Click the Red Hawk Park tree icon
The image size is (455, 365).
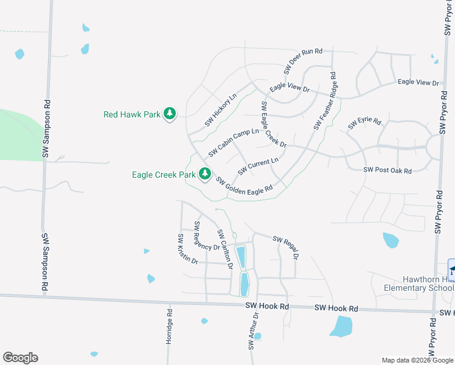(170, 114)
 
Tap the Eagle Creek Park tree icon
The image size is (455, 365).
(206, 175)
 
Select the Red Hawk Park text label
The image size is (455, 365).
(131, 114)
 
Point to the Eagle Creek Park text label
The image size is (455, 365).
(164, 175)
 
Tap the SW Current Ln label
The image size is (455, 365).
(258, 166)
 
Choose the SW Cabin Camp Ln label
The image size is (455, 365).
(234, 142)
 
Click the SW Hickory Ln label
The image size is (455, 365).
(220, 109)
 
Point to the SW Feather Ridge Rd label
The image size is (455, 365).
(325, 101)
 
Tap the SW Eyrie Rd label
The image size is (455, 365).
(364, 123)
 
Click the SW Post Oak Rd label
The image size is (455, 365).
(387, 171)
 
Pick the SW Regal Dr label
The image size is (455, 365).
(286, 247)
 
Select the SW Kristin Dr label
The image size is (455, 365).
(187, 249)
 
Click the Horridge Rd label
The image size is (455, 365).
(170, 327)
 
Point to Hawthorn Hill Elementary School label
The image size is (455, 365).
(419, 283)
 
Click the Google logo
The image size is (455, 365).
(20, 358)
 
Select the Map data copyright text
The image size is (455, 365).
(417, 360)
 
